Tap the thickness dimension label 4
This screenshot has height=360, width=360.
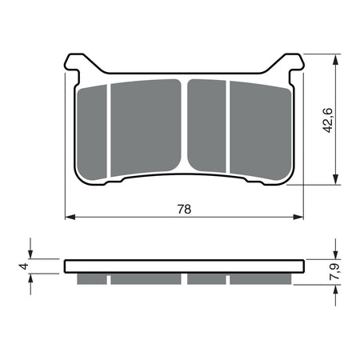(x=24, y=266)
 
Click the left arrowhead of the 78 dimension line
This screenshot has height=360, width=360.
(x=69, y=217)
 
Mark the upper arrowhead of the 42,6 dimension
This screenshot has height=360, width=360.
(x=336, y=58)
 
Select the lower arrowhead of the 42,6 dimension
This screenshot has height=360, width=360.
(x=336, y=180)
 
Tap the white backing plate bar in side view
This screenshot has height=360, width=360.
(x=185, y=266)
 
